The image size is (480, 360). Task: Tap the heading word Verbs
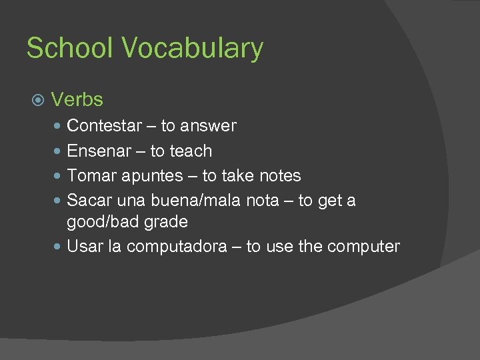[77, 100]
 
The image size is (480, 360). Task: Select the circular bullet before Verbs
[38, 101]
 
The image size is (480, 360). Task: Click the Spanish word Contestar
[105, 125]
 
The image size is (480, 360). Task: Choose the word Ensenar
[99, 151]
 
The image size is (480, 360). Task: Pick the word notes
[279, 176]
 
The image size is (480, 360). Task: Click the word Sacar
[89, 201]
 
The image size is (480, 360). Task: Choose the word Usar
[85, 247]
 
